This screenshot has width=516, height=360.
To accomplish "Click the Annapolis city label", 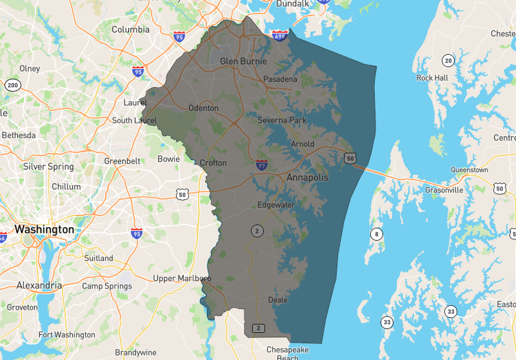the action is pyautogui.click(x=308, y=177).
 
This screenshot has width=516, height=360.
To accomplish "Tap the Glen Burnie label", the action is pyautogui.click(x=243, y=62).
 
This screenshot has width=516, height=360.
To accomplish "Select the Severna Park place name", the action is pyautogui.click(x=282, y=121).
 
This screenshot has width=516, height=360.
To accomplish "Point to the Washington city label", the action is pyautogui.click(x=44, y=230).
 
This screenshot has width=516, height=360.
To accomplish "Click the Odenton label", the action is pyautogui.click(x=203, y=108).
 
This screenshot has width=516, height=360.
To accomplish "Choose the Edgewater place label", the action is pyautogui.click(x=276, y=205).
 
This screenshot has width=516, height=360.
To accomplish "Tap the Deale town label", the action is pyautogui.click(x=277, y=300).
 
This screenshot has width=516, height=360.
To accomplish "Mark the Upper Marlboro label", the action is pyautogui.click(x=183, y=279).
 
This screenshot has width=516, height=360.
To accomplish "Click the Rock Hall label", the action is pyautogui.click(x=432, y=78).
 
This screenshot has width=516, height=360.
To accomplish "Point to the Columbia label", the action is pyautogui.click(x=130, y=30).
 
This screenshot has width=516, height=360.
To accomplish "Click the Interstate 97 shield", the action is pyautogui.click(x=261, y=165).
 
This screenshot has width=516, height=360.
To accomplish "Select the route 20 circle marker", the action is pyautogui.click(x=447, y=61).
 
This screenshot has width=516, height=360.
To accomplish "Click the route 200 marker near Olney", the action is pyautogui.click(x=12, y=85).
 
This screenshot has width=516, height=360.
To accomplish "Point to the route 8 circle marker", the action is pyautogui.click(x=376, y=234).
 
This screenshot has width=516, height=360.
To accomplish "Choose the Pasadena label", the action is pyautogui.click(x=280, y=79).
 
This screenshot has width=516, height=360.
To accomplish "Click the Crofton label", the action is pyautogui.click(x=213, y=163).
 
